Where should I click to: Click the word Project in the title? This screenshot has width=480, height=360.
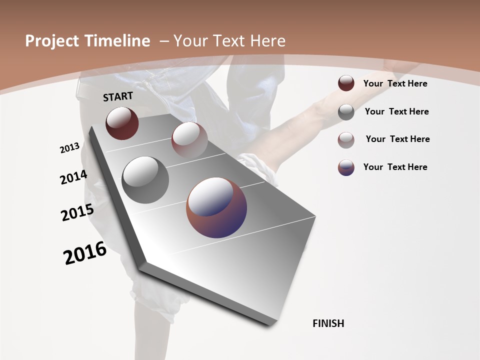[52, 41]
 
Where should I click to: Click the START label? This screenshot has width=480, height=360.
[118, 96]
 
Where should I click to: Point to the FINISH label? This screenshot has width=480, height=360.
[328, 323]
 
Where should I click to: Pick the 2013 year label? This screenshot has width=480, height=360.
[69, 148]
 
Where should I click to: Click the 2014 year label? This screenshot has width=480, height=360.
[73, 177]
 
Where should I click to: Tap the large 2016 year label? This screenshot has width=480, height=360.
[85, 253]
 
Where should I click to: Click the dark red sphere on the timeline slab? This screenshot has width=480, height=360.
[122, 123]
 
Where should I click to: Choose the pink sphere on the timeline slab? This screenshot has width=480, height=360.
[189, 139]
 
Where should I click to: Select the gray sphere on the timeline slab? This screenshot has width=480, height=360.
[145, 180]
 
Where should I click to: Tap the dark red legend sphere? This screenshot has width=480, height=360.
[346, 83]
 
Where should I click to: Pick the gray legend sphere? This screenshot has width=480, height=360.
[346, 112]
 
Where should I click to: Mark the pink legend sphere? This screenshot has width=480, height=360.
[346, 140]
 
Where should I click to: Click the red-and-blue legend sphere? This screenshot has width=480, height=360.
[346, 167]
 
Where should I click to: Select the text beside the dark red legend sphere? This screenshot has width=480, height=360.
[395, 83]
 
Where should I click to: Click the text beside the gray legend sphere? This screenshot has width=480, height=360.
[396, 111]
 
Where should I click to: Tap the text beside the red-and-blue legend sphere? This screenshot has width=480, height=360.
[395, 167]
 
